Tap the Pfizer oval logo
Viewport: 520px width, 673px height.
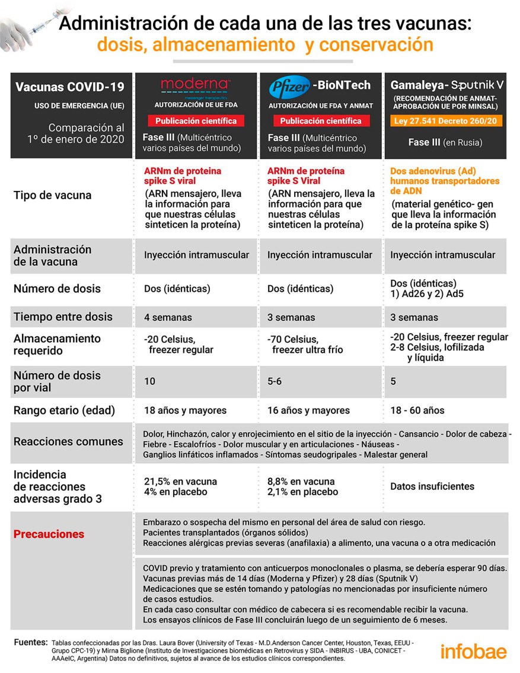pos(289,89)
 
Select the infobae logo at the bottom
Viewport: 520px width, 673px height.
pos(473,651)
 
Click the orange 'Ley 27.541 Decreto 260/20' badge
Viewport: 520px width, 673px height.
pos(443,121)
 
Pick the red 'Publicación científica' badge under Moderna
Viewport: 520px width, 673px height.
pos(196,121)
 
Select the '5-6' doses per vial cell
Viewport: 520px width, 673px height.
pos(275,381)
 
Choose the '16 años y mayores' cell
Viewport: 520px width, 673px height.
pos(308,410)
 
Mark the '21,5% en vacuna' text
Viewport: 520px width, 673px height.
pos(180,481)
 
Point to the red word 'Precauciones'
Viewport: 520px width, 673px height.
pos(49,534)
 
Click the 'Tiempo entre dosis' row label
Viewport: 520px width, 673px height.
pos(63,317)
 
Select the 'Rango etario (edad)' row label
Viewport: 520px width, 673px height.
pos(64,410)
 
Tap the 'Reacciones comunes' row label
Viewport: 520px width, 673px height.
pos(68,441)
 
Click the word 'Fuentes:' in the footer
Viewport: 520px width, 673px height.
pos(30,642)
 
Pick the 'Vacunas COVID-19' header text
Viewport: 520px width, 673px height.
pos(70,87)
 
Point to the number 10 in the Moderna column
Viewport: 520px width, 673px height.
pos(150,381)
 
